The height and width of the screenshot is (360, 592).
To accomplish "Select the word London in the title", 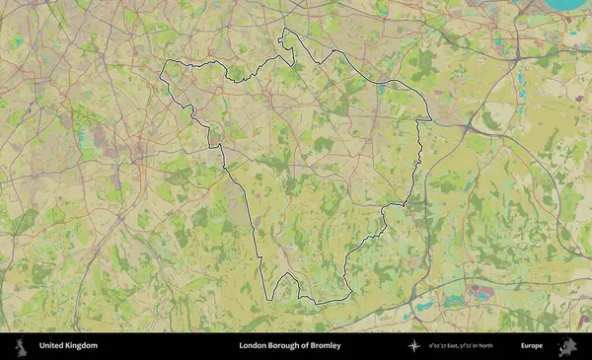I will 253,346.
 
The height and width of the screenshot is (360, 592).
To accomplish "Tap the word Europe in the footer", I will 532,346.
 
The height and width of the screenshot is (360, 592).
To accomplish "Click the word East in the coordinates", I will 460,346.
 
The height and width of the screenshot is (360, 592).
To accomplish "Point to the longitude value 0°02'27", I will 441,346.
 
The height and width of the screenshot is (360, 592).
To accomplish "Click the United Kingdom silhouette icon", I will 20,346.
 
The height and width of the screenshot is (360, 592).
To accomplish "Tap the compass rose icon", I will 414,346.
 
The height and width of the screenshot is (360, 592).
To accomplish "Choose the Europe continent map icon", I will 567,346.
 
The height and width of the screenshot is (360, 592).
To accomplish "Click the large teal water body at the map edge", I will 566,4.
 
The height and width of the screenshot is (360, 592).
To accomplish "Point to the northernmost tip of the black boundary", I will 285,30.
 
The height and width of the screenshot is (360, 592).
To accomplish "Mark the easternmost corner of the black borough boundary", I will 431,120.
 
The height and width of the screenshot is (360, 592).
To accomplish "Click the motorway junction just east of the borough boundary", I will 465,126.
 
